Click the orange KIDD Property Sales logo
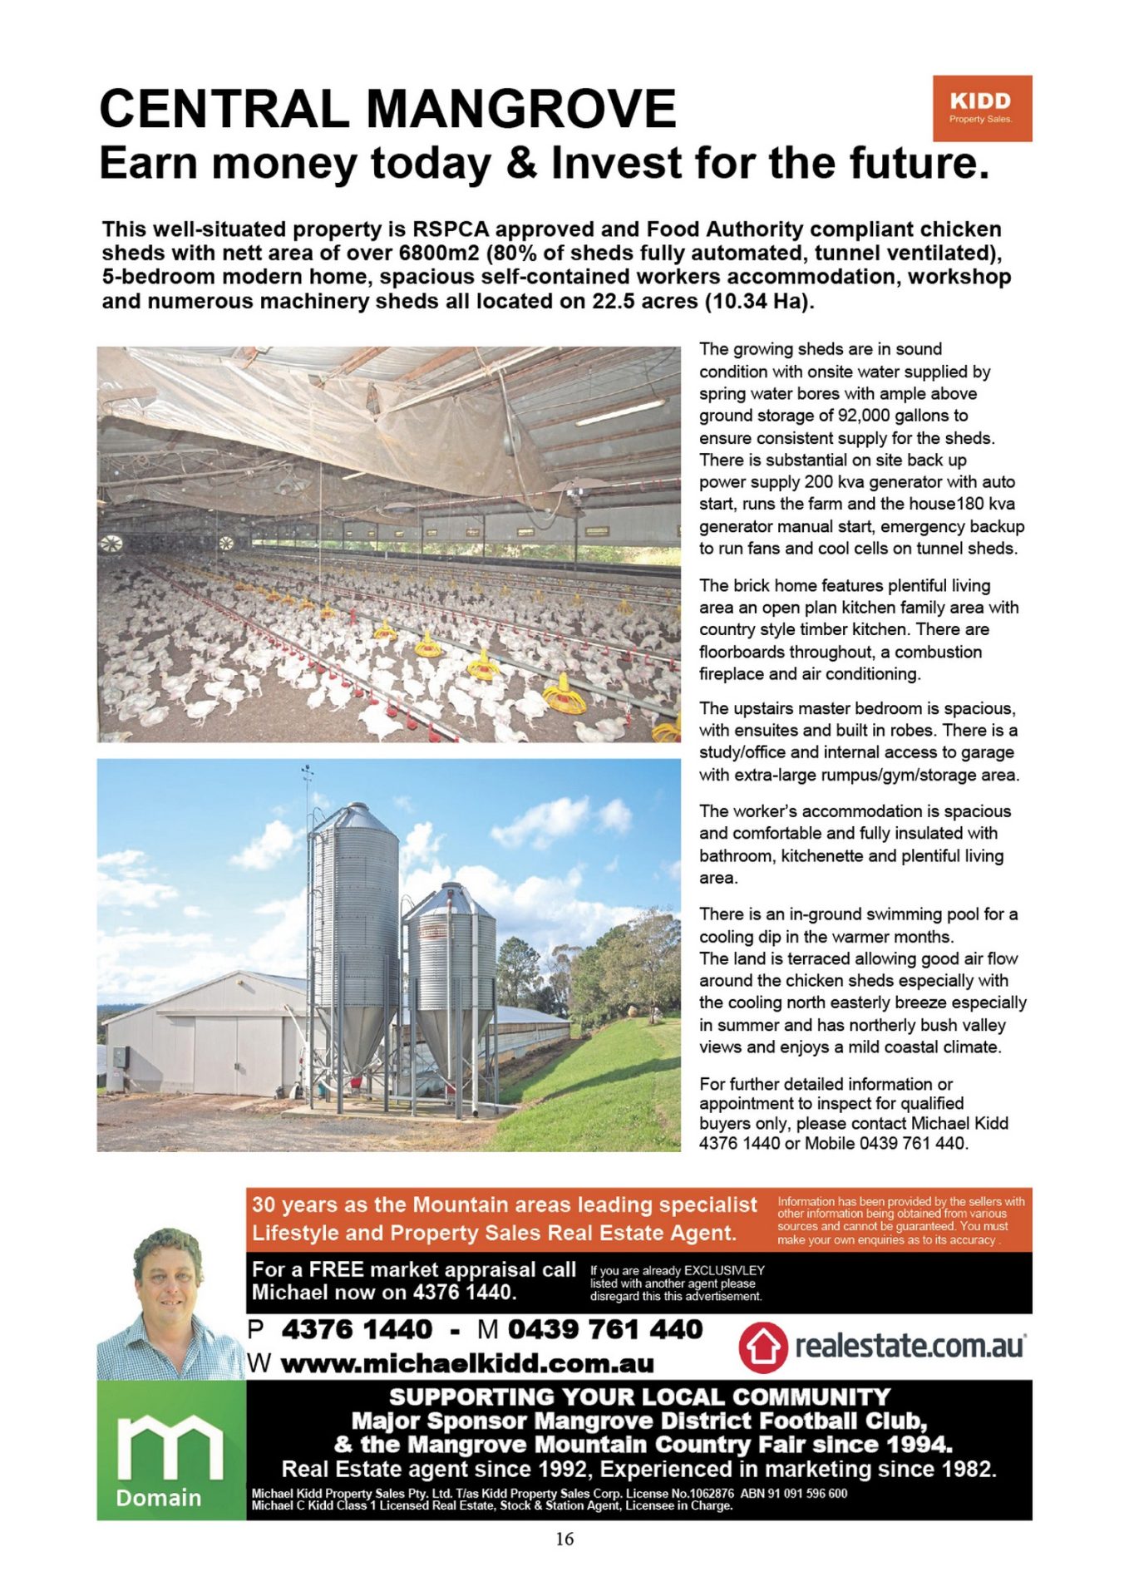(981, 108)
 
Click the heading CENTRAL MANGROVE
(387, 109)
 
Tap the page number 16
(564, 1539)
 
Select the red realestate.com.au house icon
(762, 1347)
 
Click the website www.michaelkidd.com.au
(467, 1364)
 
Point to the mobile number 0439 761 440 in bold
(605, 1329)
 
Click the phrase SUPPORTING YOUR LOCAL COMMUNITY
(638, 1397)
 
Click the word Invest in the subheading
(616, 163)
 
